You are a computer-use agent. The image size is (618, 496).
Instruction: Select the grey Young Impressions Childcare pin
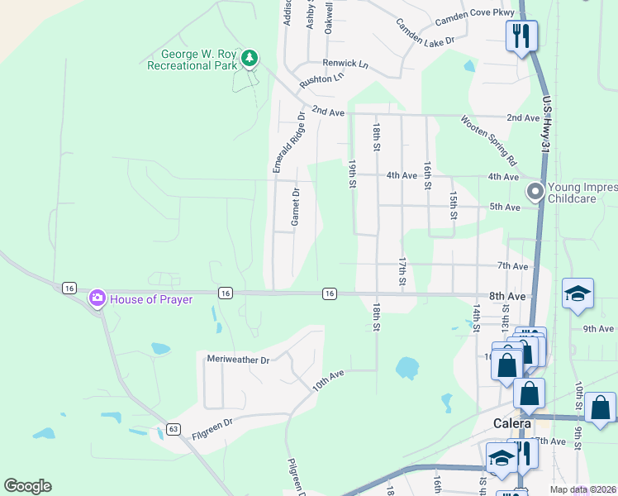pyautogui.click(x=535, y=192)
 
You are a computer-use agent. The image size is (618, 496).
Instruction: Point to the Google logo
pyautogui.click(x=27, y=486)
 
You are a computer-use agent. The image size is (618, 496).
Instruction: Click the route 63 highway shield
pyautogui.click(x=173, y=428)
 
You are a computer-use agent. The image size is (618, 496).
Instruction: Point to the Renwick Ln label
pyautogui.click(x=345, y=63)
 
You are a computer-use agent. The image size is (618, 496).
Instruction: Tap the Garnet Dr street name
pyautogui.click(x=295, y=206)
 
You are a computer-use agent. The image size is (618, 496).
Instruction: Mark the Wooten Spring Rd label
pyautogui.click(x=488, y=140)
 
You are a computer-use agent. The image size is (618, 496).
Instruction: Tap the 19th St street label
pyautogui.click(x=351, y=174)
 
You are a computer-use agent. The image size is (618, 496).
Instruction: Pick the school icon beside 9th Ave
pyautogui.click(x=578, y=294)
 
